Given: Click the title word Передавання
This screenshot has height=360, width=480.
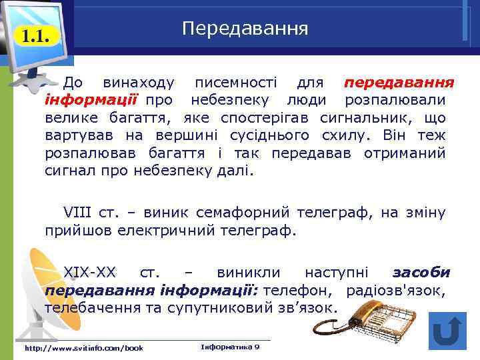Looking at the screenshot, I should (x=245, y=29).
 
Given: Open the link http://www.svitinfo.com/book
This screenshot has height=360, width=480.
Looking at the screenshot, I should (x=83, y=348).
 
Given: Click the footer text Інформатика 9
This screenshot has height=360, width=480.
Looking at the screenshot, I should (x=230, y=347).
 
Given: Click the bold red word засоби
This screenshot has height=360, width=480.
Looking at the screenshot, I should (x=421, y=273).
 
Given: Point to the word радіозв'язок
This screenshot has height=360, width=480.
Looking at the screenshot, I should (x=396, y=291).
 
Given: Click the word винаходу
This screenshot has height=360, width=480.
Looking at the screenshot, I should (x=139, y=83).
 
